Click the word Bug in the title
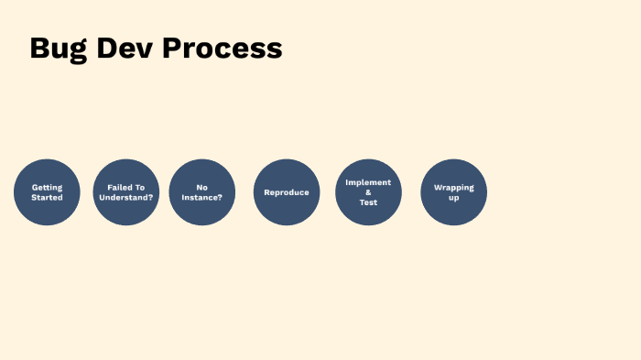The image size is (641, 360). pyautogui.click(x=57, y=49)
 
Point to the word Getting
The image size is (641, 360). pyautogui.click(x=47, y=187)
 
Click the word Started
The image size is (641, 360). pyautogui.click(x=47, y=198)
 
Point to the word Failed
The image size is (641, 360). pyautogui.click(x=117, y=187)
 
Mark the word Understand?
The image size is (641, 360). pyautogui.click(x=125, y=198)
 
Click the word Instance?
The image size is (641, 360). pyautogui.click(x=201, y=198)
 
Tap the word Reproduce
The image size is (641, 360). pyautogui.click(x=287, y=192)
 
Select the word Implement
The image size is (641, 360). pyautogui.click(x=368, y=182)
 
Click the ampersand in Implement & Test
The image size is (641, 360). pyautogui.click(x=368, y=192)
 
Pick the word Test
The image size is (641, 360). pyautogui.click(x=368, y=202)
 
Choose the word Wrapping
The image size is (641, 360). pyautogui.click(x=453, y=187)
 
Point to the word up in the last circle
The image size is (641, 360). pyautogui.click(x=453, y=198)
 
